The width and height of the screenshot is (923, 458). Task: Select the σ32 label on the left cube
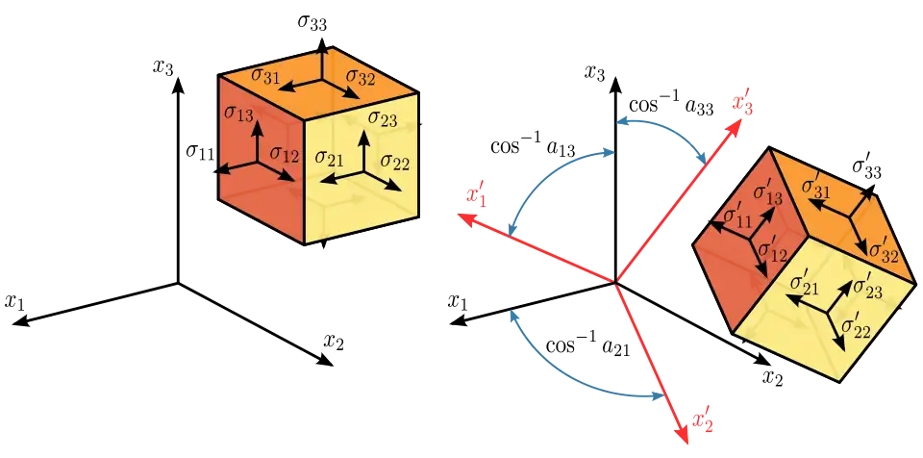point(361,77)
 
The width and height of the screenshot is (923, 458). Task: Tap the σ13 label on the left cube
point(238,114)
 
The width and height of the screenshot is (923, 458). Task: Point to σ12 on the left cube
point(285,153)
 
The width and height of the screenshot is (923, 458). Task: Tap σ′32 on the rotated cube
point(884,250)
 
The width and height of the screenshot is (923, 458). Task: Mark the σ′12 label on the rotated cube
point(774,252)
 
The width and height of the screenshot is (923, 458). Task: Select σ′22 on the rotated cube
point(856,327)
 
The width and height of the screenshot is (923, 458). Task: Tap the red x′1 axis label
point(474,197)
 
